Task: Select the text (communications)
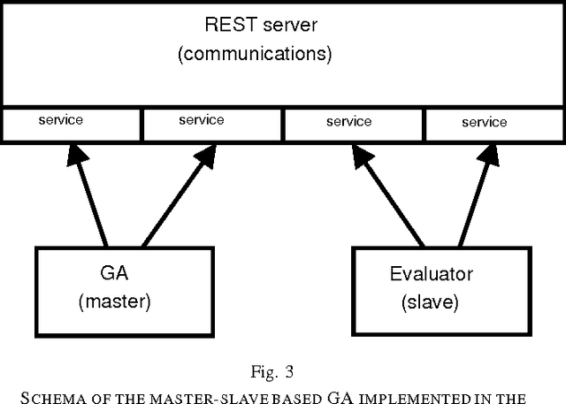(x=255, y=54)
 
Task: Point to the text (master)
(x=115, y=301)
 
